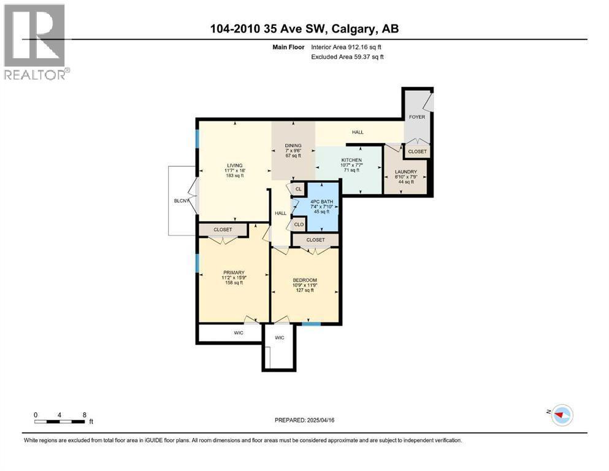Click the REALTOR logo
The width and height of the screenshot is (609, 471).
(37, 42)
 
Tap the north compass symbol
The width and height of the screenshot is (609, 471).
(561, 415)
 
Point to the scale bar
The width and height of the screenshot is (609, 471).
(59, 421)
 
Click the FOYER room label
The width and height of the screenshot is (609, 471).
(417, 117)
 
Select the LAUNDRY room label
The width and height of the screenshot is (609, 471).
(406, 172)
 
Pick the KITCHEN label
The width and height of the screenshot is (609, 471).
(351, 160)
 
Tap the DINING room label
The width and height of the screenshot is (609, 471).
(293, 145)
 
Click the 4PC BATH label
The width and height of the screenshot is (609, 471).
(321, 202)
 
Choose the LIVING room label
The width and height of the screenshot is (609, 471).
(235, 166)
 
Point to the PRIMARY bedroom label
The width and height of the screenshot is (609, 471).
(234, 272)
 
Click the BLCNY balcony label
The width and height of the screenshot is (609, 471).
(182, 201)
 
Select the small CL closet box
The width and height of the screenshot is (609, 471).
(298, 189)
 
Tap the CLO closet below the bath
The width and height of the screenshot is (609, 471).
(299, 224)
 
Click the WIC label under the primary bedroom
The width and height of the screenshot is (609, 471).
(239, 333)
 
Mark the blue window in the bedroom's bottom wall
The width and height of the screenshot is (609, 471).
(312, 324)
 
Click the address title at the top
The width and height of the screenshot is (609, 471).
(304, 29)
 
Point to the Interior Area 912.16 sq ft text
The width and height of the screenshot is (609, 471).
(346, 47)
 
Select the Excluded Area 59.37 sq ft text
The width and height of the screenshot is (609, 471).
(347, 56)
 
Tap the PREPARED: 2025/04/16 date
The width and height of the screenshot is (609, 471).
(304, 420)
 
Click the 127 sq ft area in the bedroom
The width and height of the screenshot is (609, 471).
(305, 290)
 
